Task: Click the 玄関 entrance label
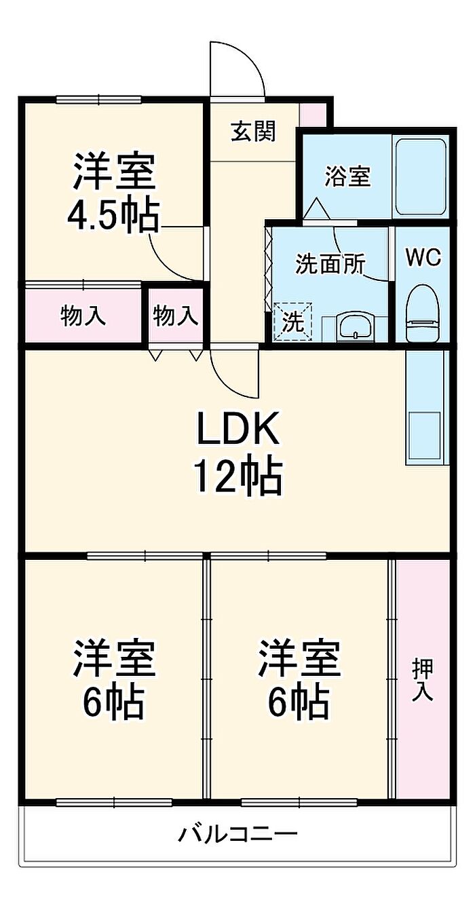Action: tap(253, 131)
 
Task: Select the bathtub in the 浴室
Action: tap(421, 178)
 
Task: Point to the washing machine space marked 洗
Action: tap(292, 322)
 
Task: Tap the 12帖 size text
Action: tap(238, 478)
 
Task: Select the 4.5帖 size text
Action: tap(113, 216)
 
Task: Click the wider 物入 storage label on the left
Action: tap(83, 316)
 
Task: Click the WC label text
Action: tap(423, 258)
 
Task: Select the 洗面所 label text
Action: tap(330, 265)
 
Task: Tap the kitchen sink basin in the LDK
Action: tap(425, 435)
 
